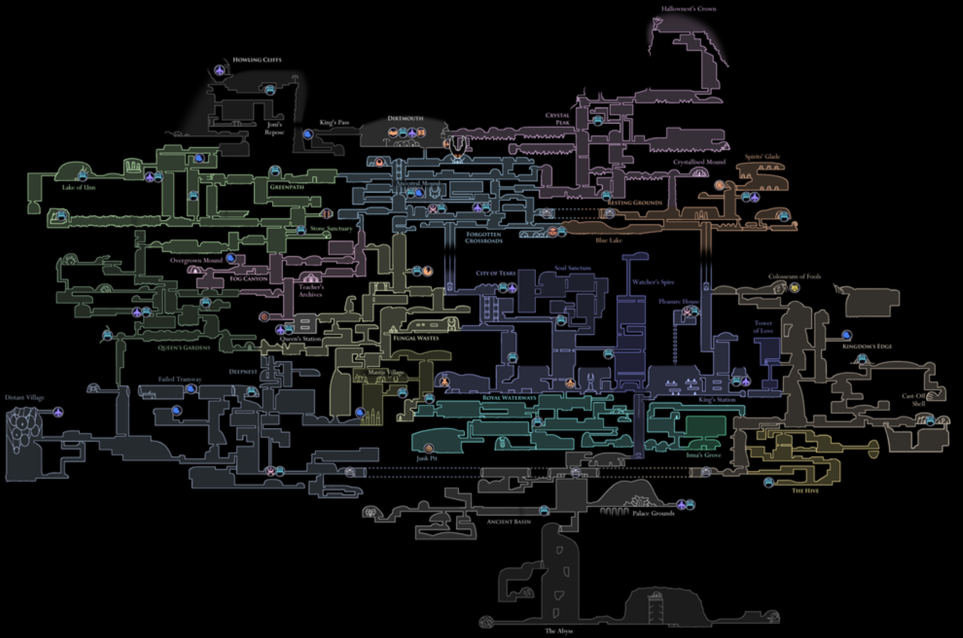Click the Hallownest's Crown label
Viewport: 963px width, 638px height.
point(688,9)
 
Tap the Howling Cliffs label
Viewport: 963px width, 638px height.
point(257,60)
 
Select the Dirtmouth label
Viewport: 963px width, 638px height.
point(405,118)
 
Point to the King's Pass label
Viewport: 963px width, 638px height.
point(334,122)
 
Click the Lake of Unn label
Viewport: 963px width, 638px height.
point(79,187)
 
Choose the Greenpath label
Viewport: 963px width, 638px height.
point(287,187)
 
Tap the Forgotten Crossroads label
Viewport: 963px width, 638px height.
point(484,238)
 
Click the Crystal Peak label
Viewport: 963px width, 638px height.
point(558,119)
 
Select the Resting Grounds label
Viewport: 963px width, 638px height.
point(635,203)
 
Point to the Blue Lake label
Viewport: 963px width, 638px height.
point(609,240)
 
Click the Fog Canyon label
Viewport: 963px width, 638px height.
point(249,278)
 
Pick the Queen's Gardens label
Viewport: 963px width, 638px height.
point(184,348)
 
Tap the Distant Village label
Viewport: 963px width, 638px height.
point(25,398)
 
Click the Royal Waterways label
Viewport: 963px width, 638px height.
point(509,398)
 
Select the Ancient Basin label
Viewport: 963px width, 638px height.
point(509,522)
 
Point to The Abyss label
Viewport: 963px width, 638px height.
point(558,631)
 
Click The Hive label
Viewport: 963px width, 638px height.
point(805,491)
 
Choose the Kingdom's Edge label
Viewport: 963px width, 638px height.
point(867,346)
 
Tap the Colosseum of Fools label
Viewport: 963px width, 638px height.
point(794,276)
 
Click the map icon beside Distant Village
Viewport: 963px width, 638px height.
point(58,412)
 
